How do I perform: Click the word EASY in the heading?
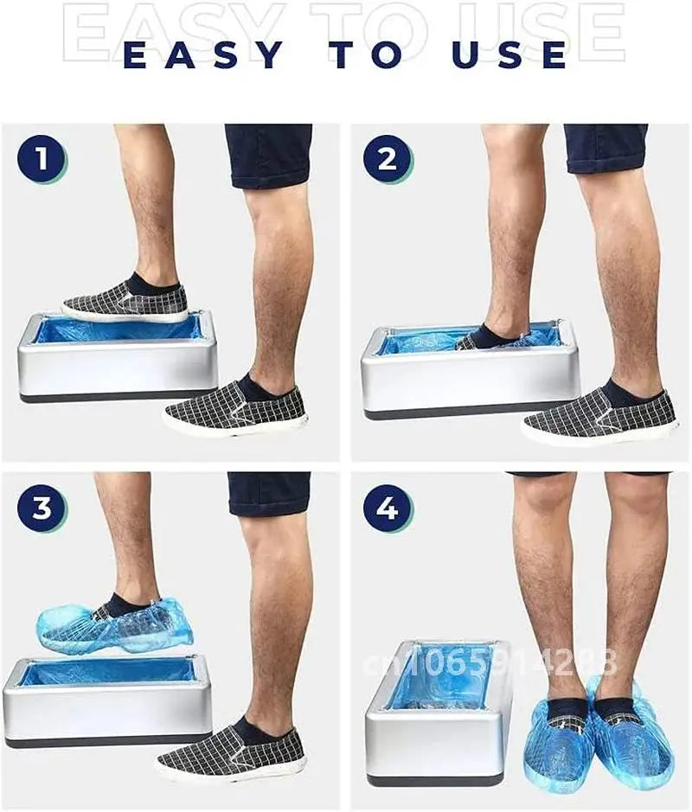point(204,54)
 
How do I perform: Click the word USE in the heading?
point(509,54)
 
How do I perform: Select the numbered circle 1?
point(42,160)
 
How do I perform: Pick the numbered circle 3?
point(42,508)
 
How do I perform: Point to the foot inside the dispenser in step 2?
point(489,337)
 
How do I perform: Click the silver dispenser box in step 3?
point(108,709)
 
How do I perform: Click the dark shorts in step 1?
point(268,154)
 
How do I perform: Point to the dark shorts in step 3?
point(269,493)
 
